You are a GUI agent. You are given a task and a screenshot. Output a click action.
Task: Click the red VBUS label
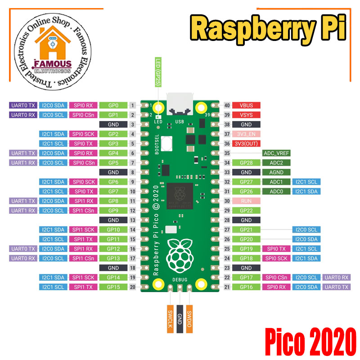pyautogui.click(x=246, y=105)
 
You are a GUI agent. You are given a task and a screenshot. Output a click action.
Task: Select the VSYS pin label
pyautogui.click(x=246, y=115)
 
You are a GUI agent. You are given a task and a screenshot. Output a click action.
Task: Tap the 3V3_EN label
pyautogui.click(x=246, y=134)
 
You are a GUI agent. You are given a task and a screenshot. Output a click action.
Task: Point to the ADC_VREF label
pyautogui.click(x=276, y=153)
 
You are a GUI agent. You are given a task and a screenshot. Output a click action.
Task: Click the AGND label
pyautogui.click(x=276, y=172)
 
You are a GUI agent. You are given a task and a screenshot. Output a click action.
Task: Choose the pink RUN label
pyautogui.click(x=246, y=201)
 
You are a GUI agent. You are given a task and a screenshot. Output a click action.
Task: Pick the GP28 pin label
pyautogui.click(x=246, y=162)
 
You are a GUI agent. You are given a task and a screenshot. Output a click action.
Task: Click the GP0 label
pyautogui.click(x=113, y=105)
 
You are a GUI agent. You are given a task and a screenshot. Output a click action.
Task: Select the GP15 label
pyautogui.click(x=113, y=287)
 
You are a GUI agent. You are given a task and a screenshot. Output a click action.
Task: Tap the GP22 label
pyautogui.click(x=246, y=210)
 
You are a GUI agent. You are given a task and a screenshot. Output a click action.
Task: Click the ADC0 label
pyautogui.click(x=276, y=191)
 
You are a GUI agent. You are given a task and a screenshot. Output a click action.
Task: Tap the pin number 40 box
pyautogui.click(x=227, y=105)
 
